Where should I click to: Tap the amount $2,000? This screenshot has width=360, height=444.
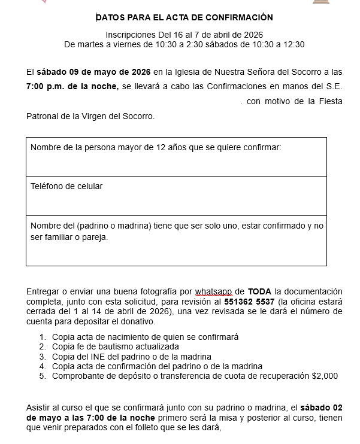[325, 376]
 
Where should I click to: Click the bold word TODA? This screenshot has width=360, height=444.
[259, 291]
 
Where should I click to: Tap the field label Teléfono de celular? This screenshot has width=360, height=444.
[66, 186]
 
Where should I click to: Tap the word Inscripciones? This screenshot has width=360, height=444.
[132, 35]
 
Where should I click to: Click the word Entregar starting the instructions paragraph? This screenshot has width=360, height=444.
[43, 291]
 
